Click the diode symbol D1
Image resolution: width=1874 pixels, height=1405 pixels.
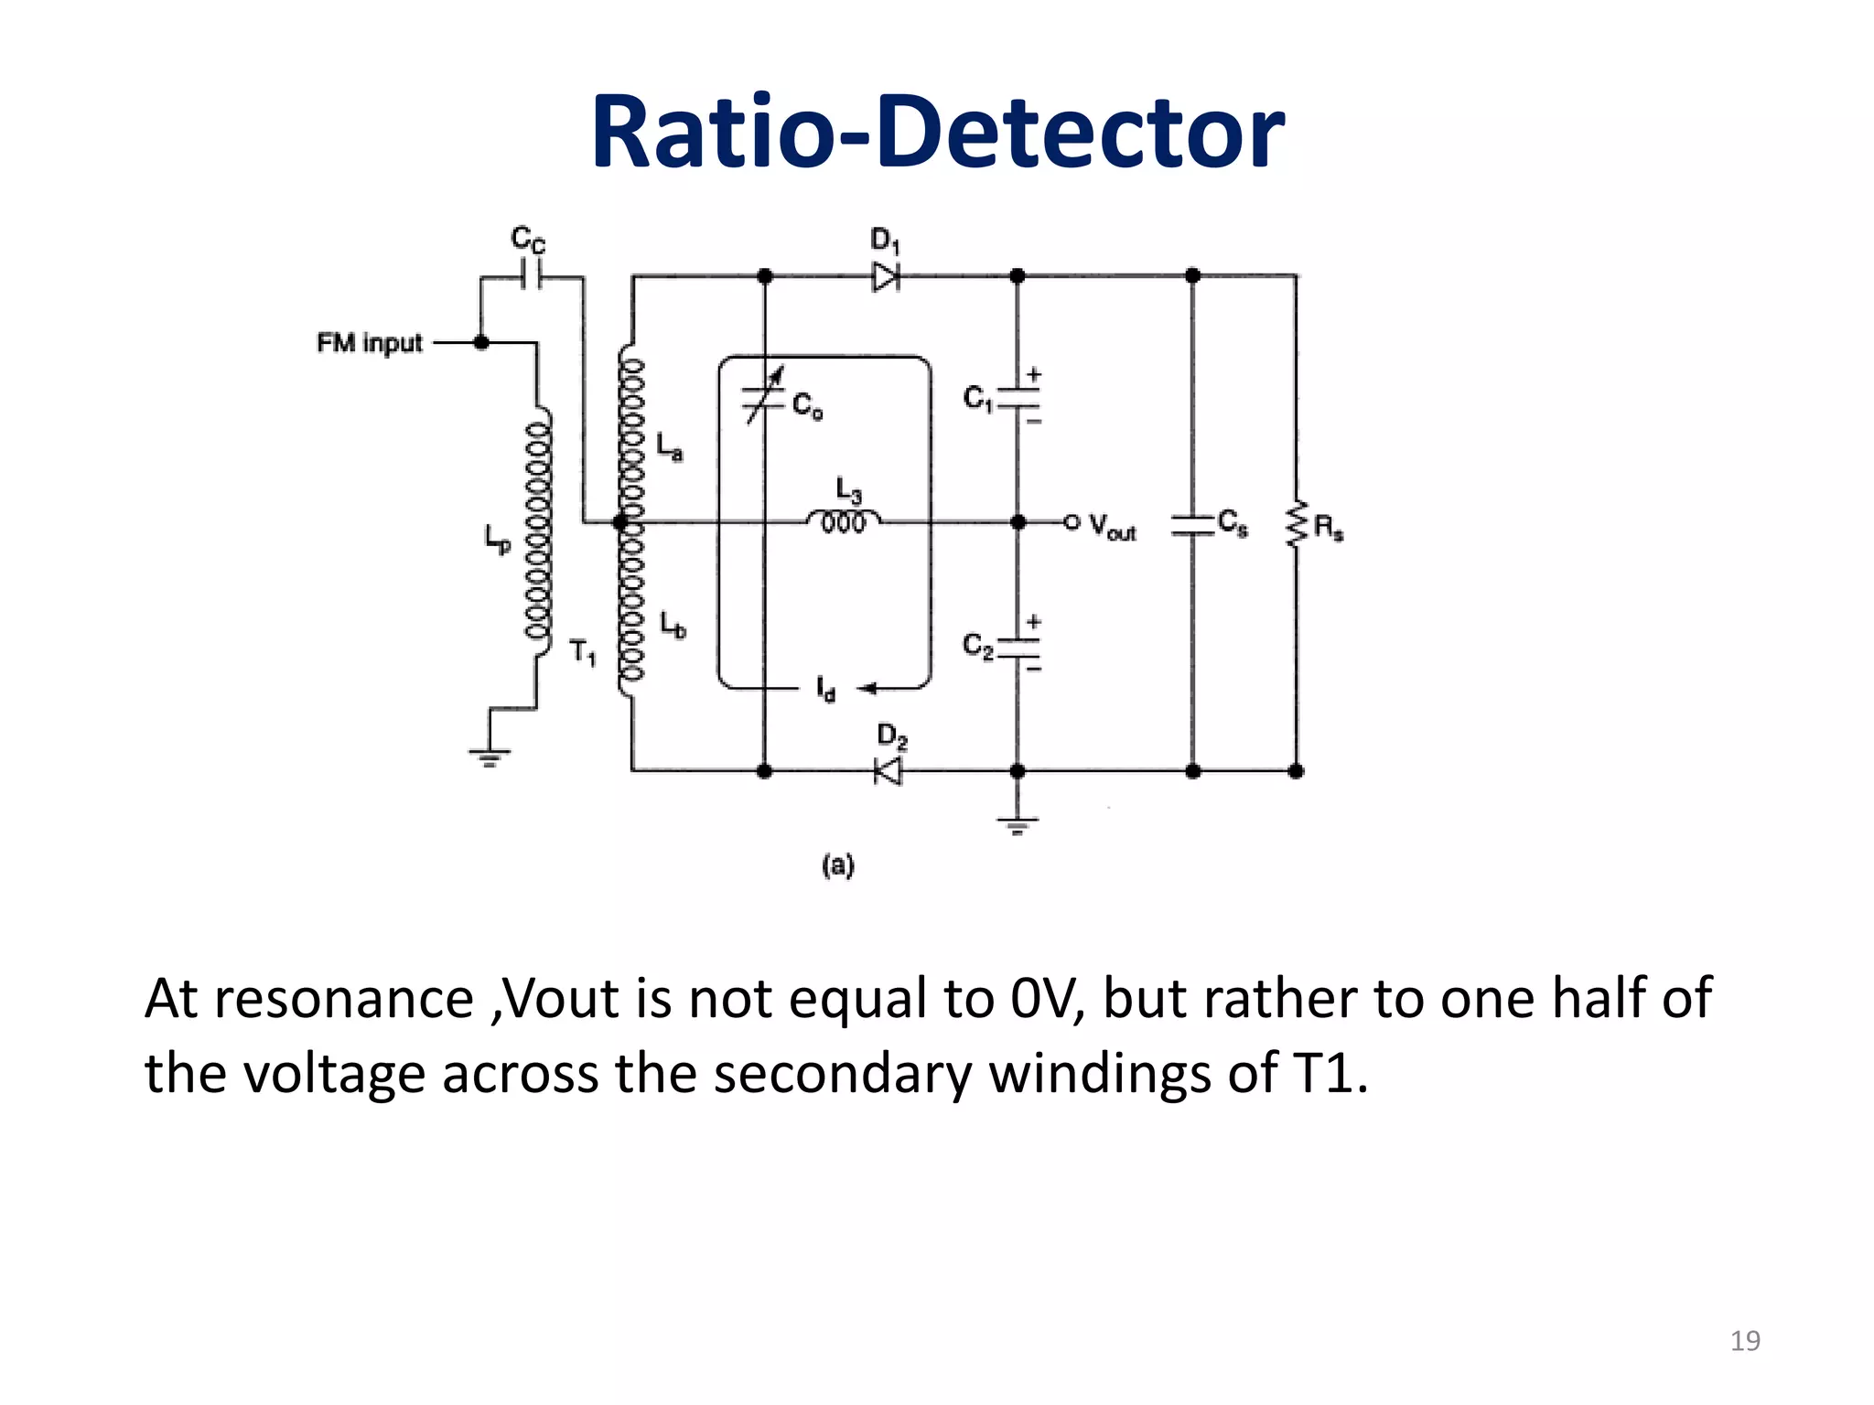(x=885, y=276)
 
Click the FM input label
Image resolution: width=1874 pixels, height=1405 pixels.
(x=370, y=343)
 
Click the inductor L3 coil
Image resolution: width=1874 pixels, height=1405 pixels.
(x=844, y=522)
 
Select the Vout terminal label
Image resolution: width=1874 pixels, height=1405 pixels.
(x=1112, y=526)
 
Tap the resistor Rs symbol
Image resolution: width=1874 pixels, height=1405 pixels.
(x=1296, y=524)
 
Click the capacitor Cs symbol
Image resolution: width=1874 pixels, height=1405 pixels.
(x=1192, y=524)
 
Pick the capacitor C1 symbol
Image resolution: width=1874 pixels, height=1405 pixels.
(x=1018, y=399)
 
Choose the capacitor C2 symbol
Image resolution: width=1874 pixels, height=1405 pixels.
(x=1018, y=647)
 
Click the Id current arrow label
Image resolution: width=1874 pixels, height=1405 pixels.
(x=825, y=689)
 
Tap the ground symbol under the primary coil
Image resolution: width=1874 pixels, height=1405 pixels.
(x=490, y=756)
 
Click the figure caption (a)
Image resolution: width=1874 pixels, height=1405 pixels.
(x=837, y=864)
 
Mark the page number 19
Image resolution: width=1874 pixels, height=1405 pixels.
(x=1745, y=1341)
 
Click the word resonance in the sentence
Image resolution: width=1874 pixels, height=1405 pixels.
(x=344, y=999)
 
